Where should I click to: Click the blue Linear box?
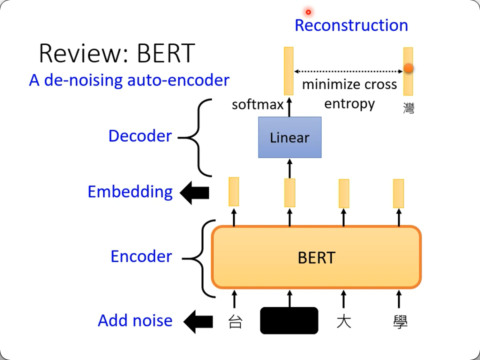coord(289,137)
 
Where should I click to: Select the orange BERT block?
coord(316,257)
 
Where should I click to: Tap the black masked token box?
coord(289,320)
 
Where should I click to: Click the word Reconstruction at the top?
coord(351,25)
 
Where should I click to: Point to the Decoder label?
coord(140,136)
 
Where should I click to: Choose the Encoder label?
coord(141,256)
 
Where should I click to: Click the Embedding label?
coord(130,192)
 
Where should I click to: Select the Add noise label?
coord(135,320)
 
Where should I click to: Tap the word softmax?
coord(257,104)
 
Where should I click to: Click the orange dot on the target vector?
coord(408,68)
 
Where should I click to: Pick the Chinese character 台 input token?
coord(235,321)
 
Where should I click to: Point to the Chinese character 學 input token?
coord(400,321)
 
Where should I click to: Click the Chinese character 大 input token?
coord(343,321)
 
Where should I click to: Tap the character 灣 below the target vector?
coord(408,107)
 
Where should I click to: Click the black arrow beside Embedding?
coord(194,193)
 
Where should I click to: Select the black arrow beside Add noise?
coord(198,321)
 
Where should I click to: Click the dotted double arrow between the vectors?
coord(348,71)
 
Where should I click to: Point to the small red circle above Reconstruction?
coord(308,12)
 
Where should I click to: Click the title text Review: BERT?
coord(116,53)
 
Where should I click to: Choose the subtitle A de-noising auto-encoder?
coord(129,80)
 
